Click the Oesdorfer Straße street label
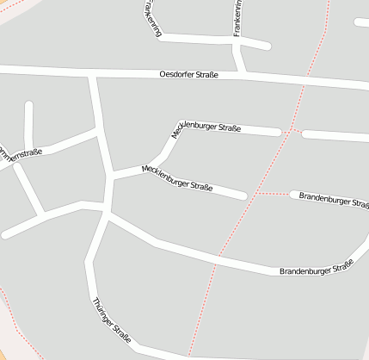click(189, 75)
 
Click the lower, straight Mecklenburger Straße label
click(177, 177)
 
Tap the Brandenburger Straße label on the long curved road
click(317, 268)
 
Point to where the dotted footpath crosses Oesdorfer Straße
click(304, 81)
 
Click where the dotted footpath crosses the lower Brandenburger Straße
click(218, 256)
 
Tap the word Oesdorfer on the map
click(175, 75)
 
